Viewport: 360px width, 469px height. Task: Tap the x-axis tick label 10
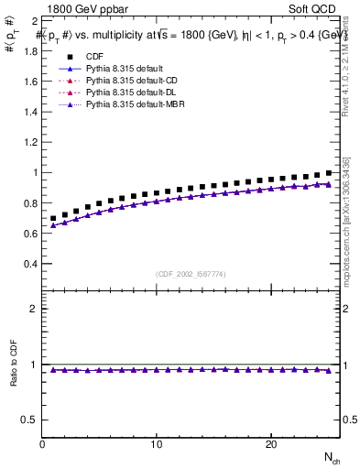click(x=157, y=444)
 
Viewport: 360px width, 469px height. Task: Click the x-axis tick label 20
click(x=270, y=444)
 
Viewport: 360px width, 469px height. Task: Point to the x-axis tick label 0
click(x=43, y=444)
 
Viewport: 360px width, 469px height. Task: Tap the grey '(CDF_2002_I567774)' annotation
click(x=191, y=274)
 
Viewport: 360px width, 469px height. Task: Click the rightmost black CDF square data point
click(x=328, y=173)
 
